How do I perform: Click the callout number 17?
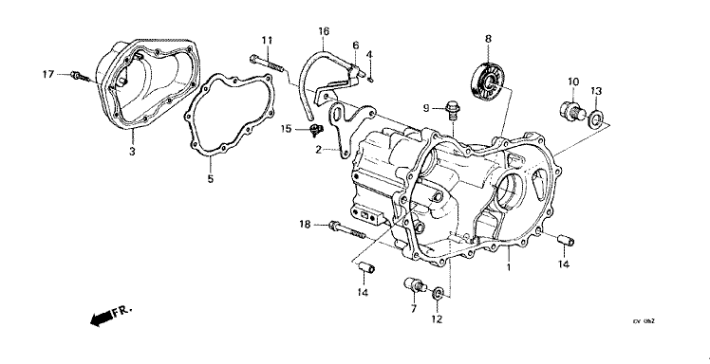coord(47,73)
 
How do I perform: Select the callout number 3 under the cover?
coord(132,152)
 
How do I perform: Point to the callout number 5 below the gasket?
coord(211,176)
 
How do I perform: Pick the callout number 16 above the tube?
coord(323,31)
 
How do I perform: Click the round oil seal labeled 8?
coord(488,82)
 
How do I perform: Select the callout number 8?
coord(488,39)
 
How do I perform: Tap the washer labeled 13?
coord(596,118)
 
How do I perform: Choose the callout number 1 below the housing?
coord(509,268)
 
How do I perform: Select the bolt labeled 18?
coord(344,228)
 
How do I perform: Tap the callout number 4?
coord(369,54)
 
